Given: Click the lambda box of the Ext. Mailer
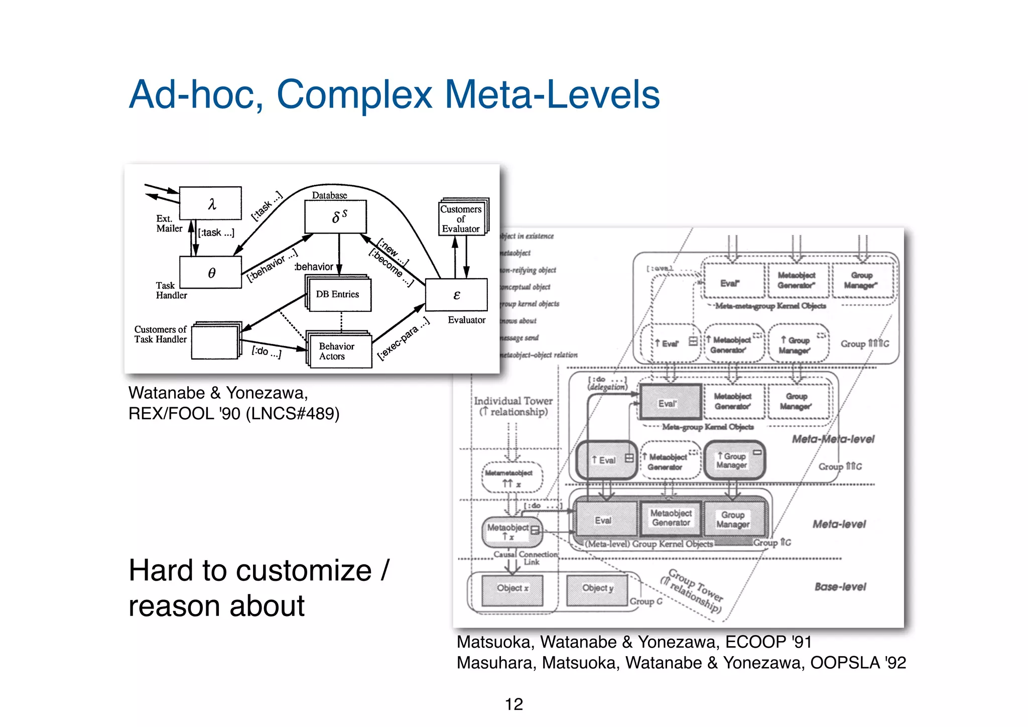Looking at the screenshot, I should pyautogui.click(x=210, y=203).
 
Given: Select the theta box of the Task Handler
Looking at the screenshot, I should pyautogui.click(x=211, y=273).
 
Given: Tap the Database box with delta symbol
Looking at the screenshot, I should pyautogui.click(x=335, y=216).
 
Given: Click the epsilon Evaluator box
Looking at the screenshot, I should pyautogui.click(x=456, y=295).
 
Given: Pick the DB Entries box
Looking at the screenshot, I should pyautogui.click(x=338, y=294).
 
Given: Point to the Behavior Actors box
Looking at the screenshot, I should pyautogui.click(x=338, y=351).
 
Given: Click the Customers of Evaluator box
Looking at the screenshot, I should pyautogui.click(x=461, y=218).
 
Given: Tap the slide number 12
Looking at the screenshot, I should pyautogui.click(x=513, y=704).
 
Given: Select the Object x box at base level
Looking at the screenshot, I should pyautogui.click(x=512, y=588).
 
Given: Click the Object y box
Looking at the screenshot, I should pyautogui.click(x=597, y=588).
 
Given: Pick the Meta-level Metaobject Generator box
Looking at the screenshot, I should pyautogui.click(x=671, y=518).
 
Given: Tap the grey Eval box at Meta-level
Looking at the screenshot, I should pyautogui.click(x=604, y=520).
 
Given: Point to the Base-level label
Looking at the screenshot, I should pyautogui.click(x=840, y=586).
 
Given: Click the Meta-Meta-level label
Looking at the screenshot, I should pyautogui.click(x=833, y=439).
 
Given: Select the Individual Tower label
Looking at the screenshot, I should pyautogui.click(x=513, y=401).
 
